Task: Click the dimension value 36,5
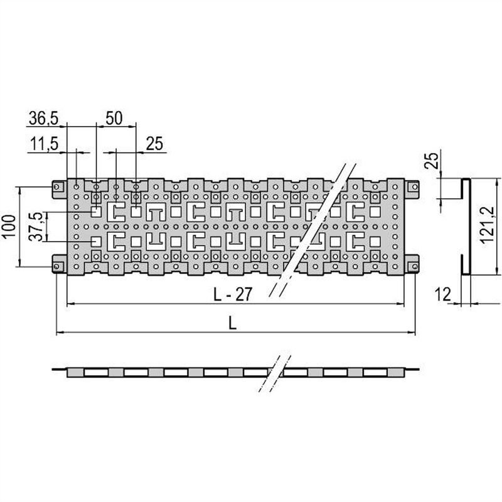point(43,117)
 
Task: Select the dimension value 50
point(113,117)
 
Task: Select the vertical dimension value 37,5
point(37,227)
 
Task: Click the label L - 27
point(233,295)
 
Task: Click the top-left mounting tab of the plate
point(58,187)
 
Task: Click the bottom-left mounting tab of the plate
point(58,266)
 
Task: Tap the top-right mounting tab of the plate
point(412,187)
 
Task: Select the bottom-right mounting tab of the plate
point(412,266)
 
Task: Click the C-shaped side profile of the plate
point(464,227)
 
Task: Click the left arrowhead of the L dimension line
point(60,332)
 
